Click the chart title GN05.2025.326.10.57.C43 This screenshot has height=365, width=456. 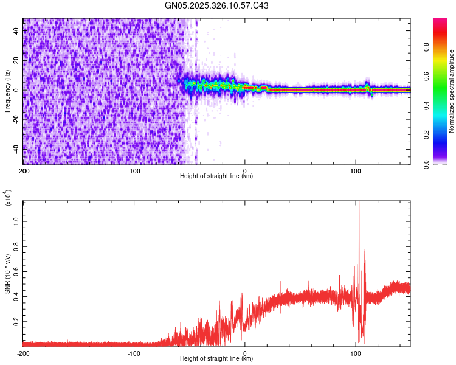217,6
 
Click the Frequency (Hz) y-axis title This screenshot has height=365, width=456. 7,91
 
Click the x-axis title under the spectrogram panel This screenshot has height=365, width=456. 217,176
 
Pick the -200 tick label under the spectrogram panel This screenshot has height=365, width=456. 23,170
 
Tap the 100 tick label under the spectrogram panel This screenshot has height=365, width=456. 356,170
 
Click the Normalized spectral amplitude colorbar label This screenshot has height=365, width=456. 452,91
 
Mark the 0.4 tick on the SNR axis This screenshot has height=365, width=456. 16,296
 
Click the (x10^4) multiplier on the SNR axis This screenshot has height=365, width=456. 7,198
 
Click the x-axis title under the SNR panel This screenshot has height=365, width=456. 217,359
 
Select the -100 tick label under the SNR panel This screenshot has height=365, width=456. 134,352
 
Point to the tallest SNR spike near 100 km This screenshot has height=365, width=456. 359,204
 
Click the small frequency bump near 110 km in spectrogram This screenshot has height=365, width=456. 368,84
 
